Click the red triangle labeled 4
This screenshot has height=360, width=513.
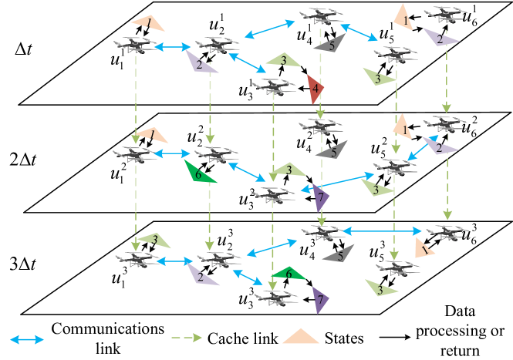click(315, 89)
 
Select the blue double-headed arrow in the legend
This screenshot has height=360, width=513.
click(27, 339)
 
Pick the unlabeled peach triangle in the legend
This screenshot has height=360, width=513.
click(301, 337)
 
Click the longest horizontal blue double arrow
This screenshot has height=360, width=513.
click(382, 230)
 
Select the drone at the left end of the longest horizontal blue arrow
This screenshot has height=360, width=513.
click(322, 231)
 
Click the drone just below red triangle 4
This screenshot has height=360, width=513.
click(321, 125)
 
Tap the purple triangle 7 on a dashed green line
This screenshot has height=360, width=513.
click(320, 200)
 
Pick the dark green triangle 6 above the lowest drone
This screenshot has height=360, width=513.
click(289, 273)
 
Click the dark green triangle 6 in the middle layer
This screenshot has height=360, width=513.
click(198, 172)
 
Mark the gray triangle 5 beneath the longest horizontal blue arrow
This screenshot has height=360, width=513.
click(339, 253)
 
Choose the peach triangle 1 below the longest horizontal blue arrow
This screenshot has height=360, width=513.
click(424, 247)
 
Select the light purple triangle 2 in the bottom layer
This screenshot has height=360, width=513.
click(202, 275)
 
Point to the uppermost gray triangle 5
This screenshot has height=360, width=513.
click(330, 44)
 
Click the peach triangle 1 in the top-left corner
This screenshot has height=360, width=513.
click(148, 23)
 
